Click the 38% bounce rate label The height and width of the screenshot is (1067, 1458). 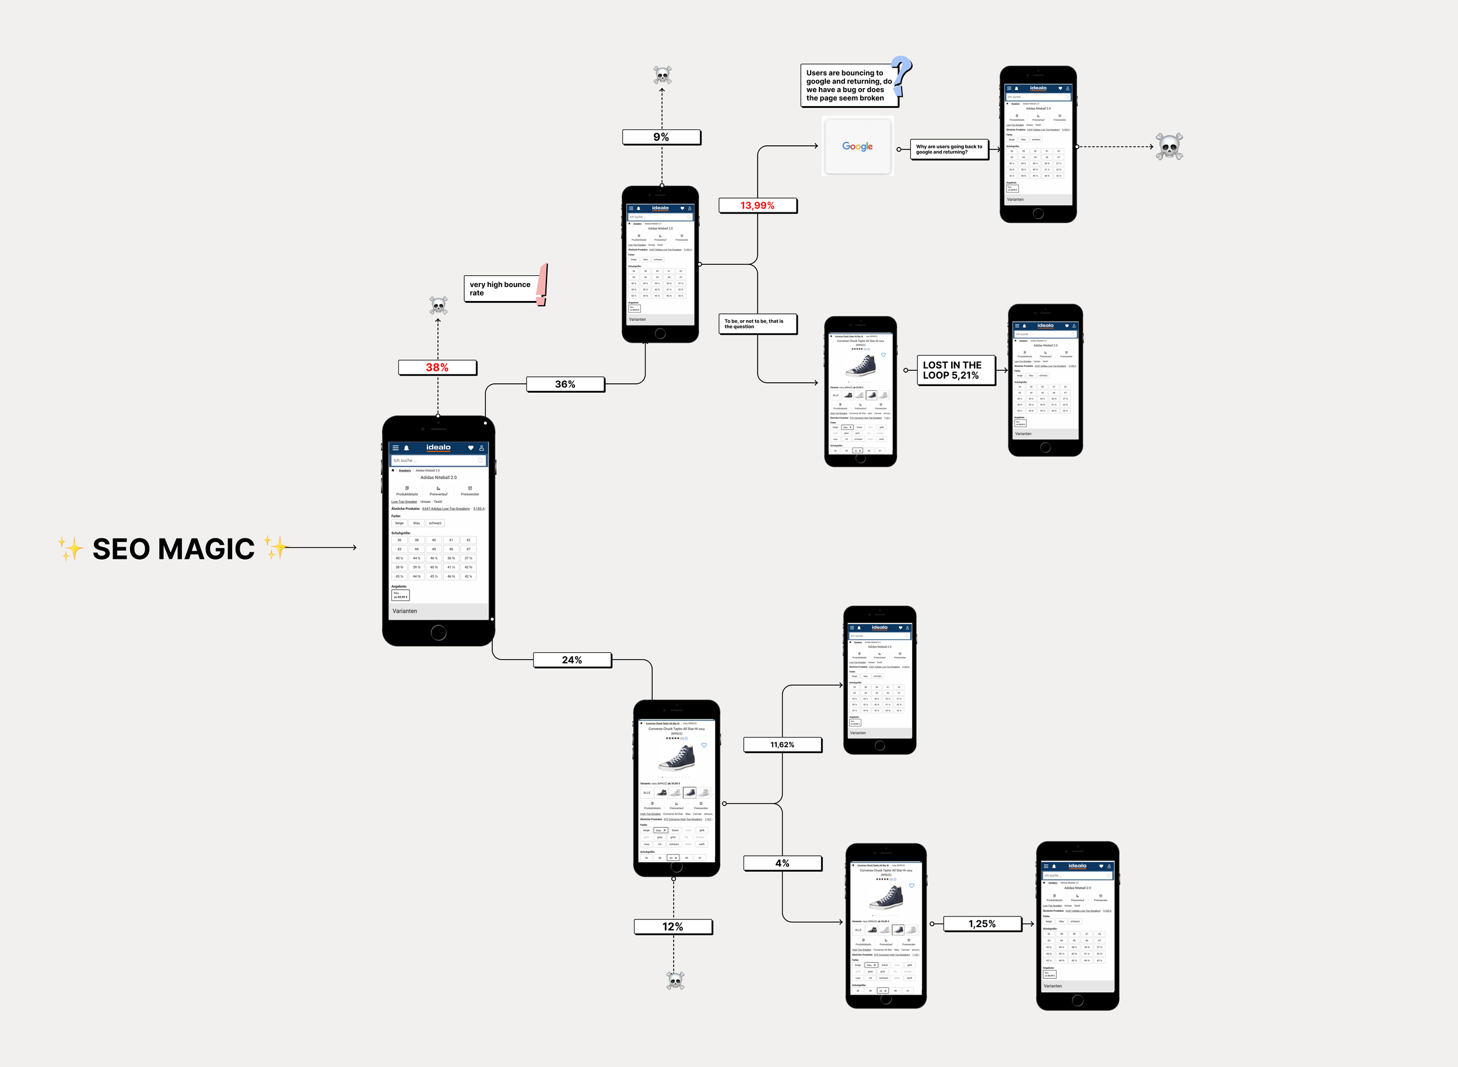437,368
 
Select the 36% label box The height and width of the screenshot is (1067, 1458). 565,384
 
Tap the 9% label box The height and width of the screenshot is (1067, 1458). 661,137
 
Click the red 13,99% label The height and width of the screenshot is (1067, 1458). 758,205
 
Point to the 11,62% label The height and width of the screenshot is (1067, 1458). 782,745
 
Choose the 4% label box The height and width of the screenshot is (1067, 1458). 782,863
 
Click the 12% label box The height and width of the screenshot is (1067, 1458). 673,927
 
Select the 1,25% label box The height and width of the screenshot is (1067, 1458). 982,924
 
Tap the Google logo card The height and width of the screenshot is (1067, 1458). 857,146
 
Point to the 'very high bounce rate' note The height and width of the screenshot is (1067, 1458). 500,289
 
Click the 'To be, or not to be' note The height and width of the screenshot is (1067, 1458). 757,324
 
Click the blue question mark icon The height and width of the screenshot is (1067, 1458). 902,76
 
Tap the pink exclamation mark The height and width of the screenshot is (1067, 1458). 543,284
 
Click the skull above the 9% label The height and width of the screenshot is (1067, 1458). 663,75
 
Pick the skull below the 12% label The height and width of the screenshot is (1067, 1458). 675,981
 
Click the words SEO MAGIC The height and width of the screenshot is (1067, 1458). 174,549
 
